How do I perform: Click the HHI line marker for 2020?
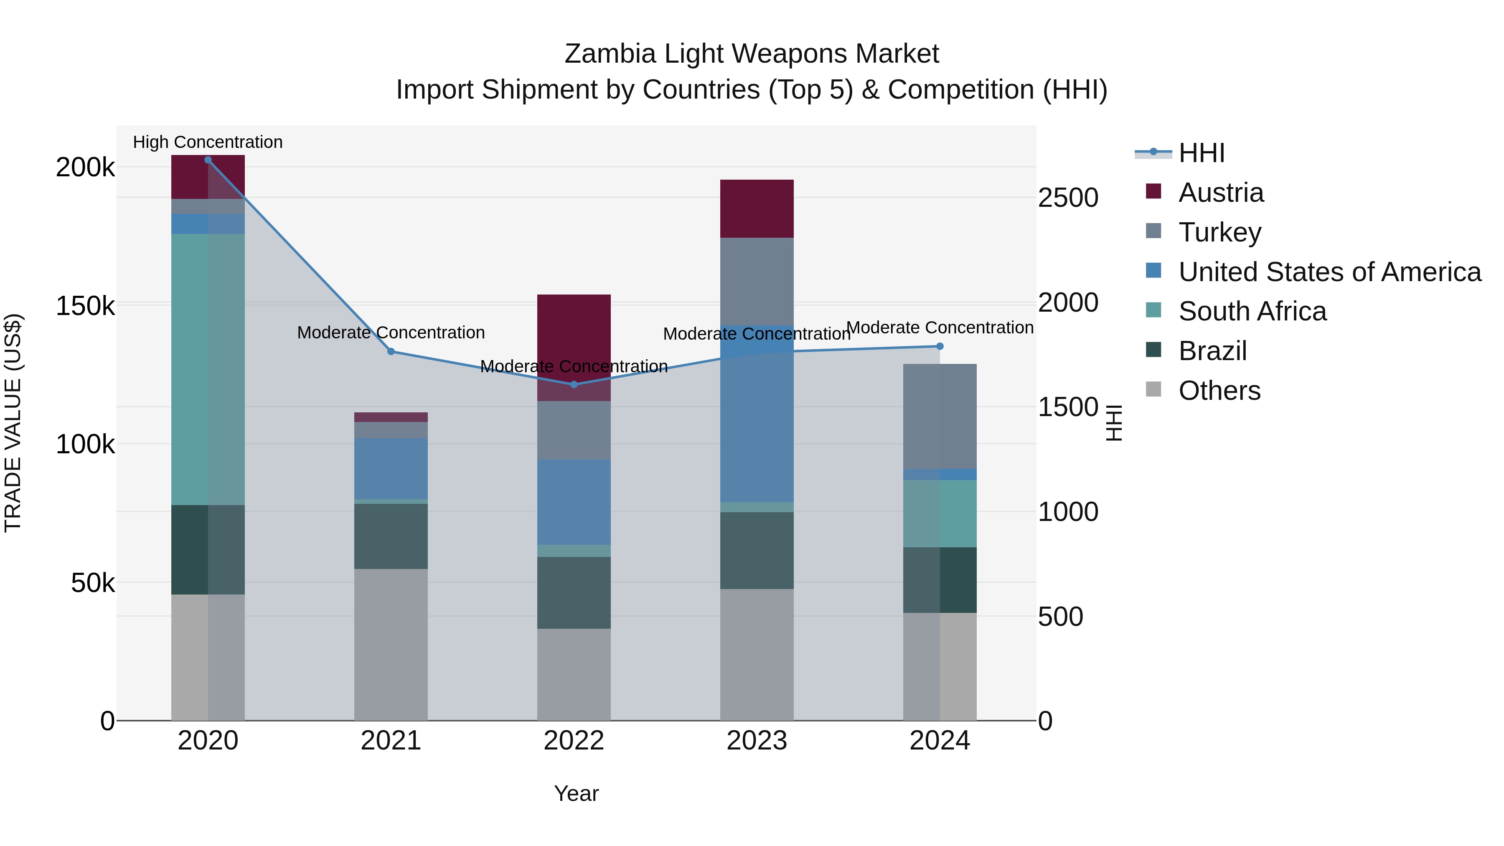click(208, 160)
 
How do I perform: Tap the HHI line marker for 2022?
click(574, 384)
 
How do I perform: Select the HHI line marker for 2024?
click(940, 346)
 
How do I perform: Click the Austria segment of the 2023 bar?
click(757, 208)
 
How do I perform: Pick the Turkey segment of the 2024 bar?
click(940, 416)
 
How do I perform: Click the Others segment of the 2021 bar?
click(391, 645)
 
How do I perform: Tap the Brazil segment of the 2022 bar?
click(574, 592)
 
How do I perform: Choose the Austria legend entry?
click(1221, 193)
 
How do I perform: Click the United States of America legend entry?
click(1329, 272)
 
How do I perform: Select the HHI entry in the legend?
click(1202, 153)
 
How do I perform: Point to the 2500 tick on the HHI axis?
click(1068, 198)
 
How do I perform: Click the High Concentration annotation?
click(208, 142)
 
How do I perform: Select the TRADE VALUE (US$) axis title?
click(13, 423)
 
